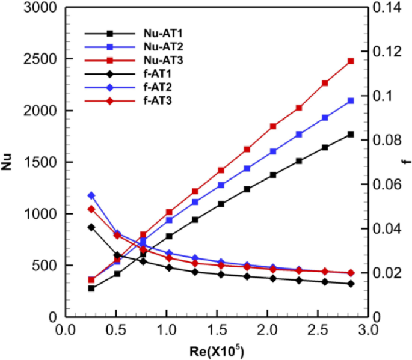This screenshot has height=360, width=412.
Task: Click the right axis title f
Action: [x=405, y=162]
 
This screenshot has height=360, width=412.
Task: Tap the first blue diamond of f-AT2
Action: [x=91, y=195]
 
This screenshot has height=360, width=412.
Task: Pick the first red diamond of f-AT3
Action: [x=91, y=209]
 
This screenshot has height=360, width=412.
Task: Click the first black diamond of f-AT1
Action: [x=91, y=227]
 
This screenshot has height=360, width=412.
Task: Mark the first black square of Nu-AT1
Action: [x=91, y=288]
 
